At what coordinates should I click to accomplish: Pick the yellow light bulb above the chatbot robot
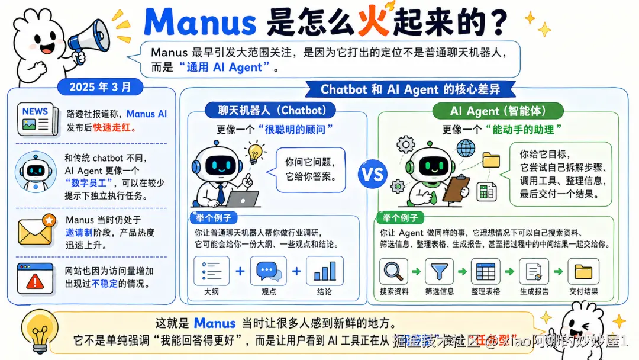(x=255, y=153)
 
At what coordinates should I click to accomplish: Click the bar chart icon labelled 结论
(x=324, y=271)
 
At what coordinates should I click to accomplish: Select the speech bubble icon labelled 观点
(x=269, y=271)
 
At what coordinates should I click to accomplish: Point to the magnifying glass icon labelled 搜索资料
(x=393, y=272)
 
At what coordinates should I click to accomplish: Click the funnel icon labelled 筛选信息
(x=440, y=272)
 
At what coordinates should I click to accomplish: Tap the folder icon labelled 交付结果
(x=583, y=272)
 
